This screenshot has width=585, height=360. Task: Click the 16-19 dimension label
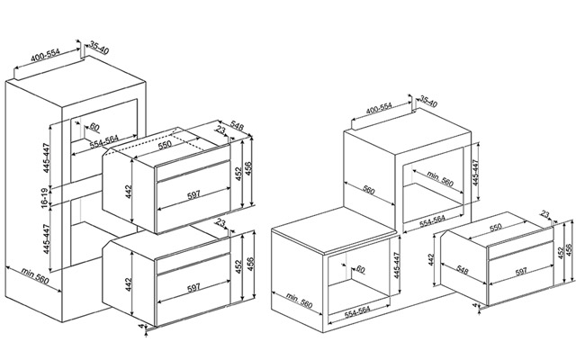(x=46, y=198)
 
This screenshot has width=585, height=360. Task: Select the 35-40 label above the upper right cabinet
(x=428, y=101)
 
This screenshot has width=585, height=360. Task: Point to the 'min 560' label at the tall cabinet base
(x=35, y=275)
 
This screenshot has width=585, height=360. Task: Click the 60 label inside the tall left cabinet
(x=94, y=127)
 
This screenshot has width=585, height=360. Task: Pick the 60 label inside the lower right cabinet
(x=360, y=268)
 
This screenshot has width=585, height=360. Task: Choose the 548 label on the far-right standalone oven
(x=462, y=270)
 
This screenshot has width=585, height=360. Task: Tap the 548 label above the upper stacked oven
(x=237, y=126)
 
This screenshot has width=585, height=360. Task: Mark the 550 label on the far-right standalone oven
(x=496, y=227)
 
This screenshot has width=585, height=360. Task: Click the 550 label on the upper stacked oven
(x=164, y=144)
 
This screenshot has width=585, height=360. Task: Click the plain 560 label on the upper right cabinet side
(x=368, y=190)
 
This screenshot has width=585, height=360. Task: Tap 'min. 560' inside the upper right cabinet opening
(x=440, y=179)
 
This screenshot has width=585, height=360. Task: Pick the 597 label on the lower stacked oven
(x=193, y=288)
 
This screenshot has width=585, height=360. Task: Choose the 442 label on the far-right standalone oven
(x=432, y=261)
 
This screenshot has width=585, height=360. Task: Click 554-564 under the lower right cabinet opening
(x=357, y=312)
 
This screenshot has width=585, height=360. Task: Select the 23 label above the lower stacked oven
(x=220, y=223)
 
